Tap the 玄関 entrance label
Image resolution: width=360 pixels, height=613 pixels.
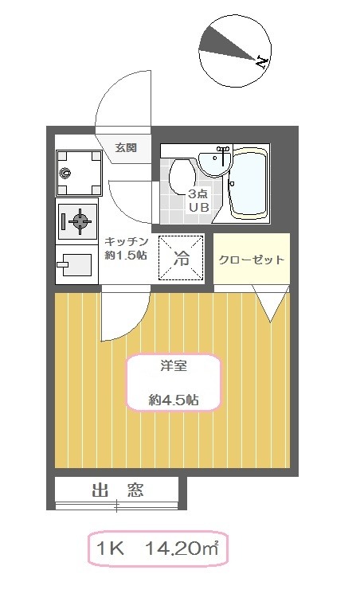[x=126, y=148]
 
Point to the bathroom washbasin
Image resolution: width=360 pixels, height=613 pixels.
[x=214, y=163]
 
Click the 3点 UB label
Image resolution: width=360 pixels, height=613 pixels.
[x=199, y=199]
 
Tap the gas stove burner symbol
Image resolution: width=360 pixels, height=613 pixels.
[x=81, y=221]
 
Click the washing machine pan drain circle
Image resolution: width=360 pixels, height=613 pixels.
[x=66, y=172]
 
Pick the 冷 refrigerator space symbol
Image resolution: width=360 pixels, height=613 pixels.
[x=181, y=258]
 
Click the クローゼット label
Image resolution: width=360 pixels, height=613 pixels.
[x=251, y=260]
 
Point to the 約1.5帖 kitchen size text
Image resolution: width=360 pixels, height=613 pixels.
[x=126, y=256]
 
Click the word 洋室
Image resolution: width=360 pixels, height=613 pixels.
[x=174, y=366]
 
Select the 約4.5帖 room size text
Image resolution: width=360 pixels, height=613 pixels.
[x=174, y=400]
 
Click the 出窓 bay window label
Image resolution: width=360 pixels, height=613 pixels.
[x=117, y=490]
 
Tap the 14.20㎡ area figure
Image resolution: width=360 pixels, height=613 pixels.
[x=182, y=549]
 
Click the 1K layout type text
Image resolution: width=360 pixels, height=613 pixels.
[x=110, y=549]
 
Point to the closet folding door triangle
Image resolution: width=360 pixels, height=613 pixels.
[x=270, y=303]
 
